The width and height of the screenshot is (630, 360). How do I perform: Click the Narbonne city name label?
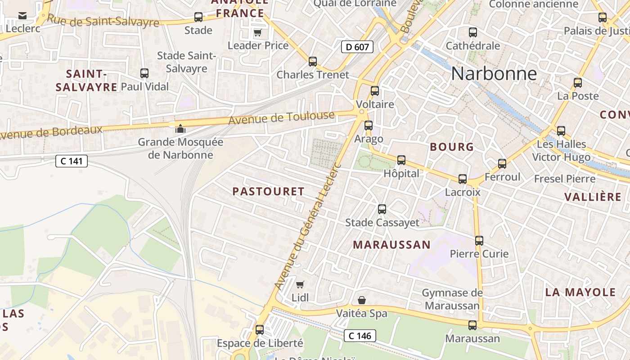494,74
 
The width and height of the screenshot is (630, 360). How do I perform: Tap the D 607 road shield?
357,47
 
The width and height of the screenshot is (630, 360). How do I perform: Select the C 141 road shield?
71,161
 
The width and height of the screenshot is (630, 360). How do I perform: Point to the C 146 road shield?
360,336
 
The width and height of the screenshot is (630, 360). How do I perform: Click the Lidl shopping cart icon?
300,284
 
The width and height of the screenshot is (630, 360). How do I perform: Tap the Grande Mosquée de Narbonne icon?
180,129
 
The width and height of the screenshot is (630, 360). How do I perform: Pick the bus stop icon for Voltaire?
375,91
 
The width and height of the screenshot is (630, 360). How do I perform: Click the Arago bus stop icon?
369,126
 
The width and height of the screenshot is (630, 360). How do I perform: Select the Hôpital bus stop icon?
401,160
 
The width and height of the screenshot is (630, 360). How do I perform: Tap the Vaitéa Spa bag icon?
362,300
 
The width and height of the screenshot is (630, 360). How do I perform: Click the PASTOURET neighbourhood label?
268,191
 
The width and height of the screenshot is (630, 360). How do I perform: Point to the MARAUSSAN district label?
391,245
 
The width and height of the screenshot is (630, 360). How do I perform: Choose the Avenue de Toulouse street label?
282,118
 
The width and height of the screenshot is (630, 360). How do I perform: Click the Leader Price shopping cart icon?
257,32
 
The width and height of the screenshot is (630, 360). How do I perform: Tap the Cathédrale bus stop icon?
472,32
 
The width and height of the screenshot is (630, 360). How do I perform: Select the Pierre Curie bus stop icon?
479,241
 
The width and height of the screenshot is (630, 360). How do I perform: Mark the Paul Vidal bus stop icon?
144,73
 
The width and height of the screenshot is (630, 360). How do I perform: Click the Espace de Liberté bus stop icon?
260,330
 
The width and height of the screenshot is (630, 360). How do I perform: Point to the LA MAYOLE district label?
580,292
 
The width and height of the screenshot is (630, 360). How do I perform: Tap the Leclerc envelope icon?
22,16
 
